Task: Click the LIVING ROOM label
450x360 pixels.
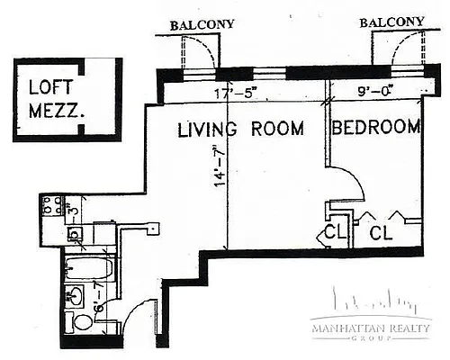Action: click(238, 130)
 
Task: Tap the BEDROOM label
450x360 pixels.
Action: click(376, 129)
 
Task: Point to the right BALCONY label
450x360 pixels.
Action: click(391, 22)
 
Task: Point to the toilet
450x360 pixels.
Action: click(82, 323)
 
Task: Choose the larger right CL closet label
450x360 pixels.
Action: click(382, 233)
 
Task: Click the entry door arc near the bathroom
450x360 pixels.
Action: click(135, 324)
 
